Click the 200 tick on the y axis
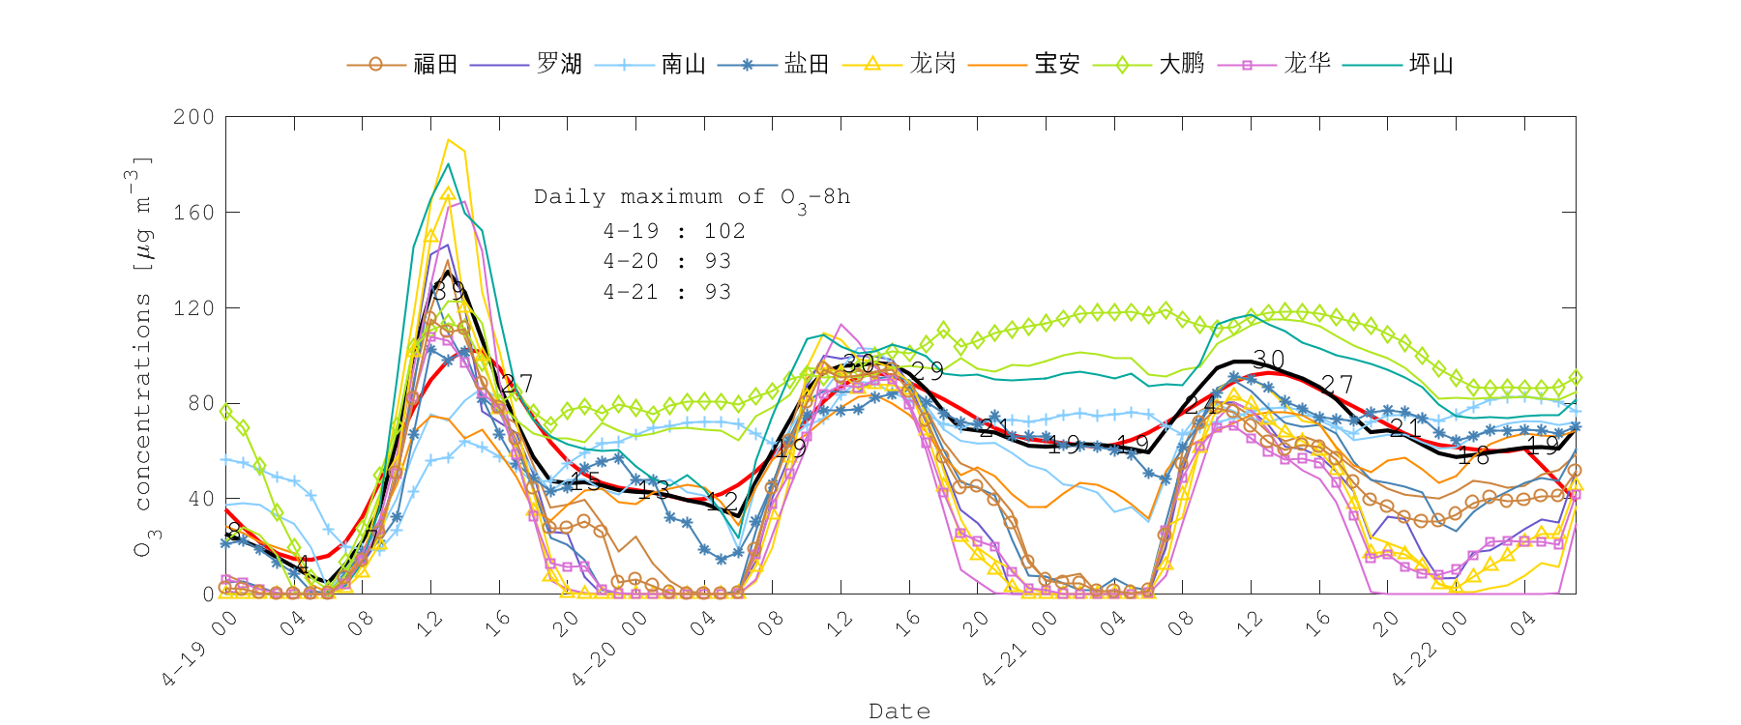click(x=193, y=117)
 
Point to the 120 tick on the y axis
click(x=193, y=307)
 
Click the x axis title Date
click(x=900, y=711)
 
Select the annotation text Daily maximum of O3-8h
click(x=692, y=197)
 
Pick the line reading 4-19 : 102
click(x=674, y=231)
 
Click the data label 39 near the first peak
click(x=448, y=290)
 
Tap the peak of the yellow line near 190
click(x=448, y=140)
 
